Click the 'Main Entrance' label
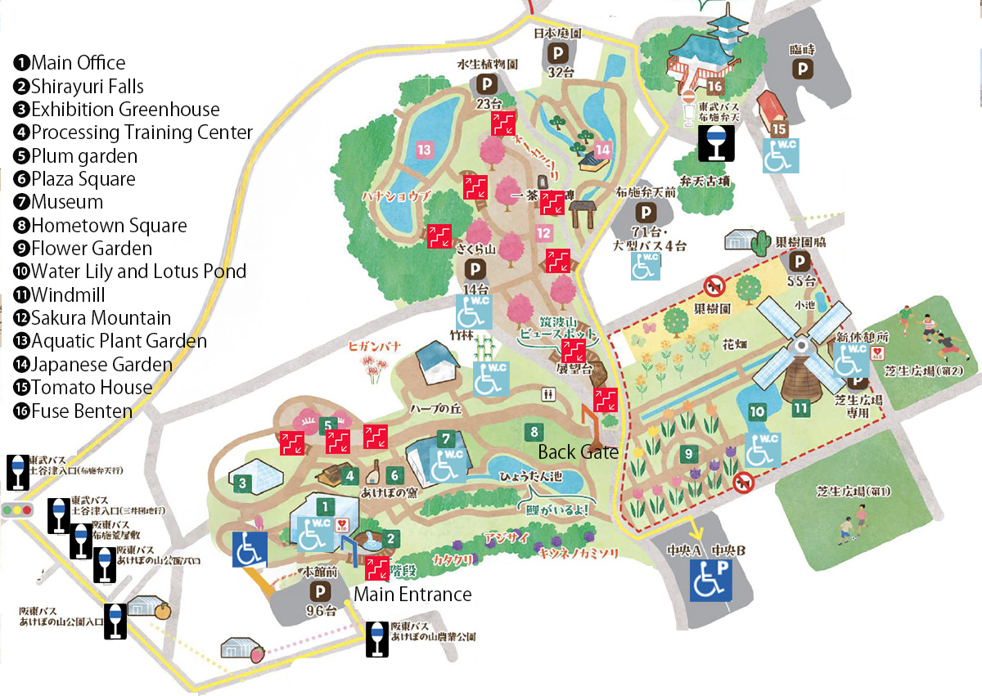(412, 594)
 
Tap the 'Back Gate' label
(578, 451)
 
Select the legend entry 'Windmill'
(69, 294)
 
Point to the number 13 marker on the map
(424, 150)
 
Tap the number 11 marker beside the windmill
(800, 406)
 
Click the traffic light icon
(18, 509)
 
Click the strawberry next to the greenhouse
(258, 653)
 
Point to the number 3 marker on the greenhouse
(242, 483)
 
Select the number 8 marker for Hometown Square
(534, 431)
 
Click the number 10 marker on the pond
(757, 411)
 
